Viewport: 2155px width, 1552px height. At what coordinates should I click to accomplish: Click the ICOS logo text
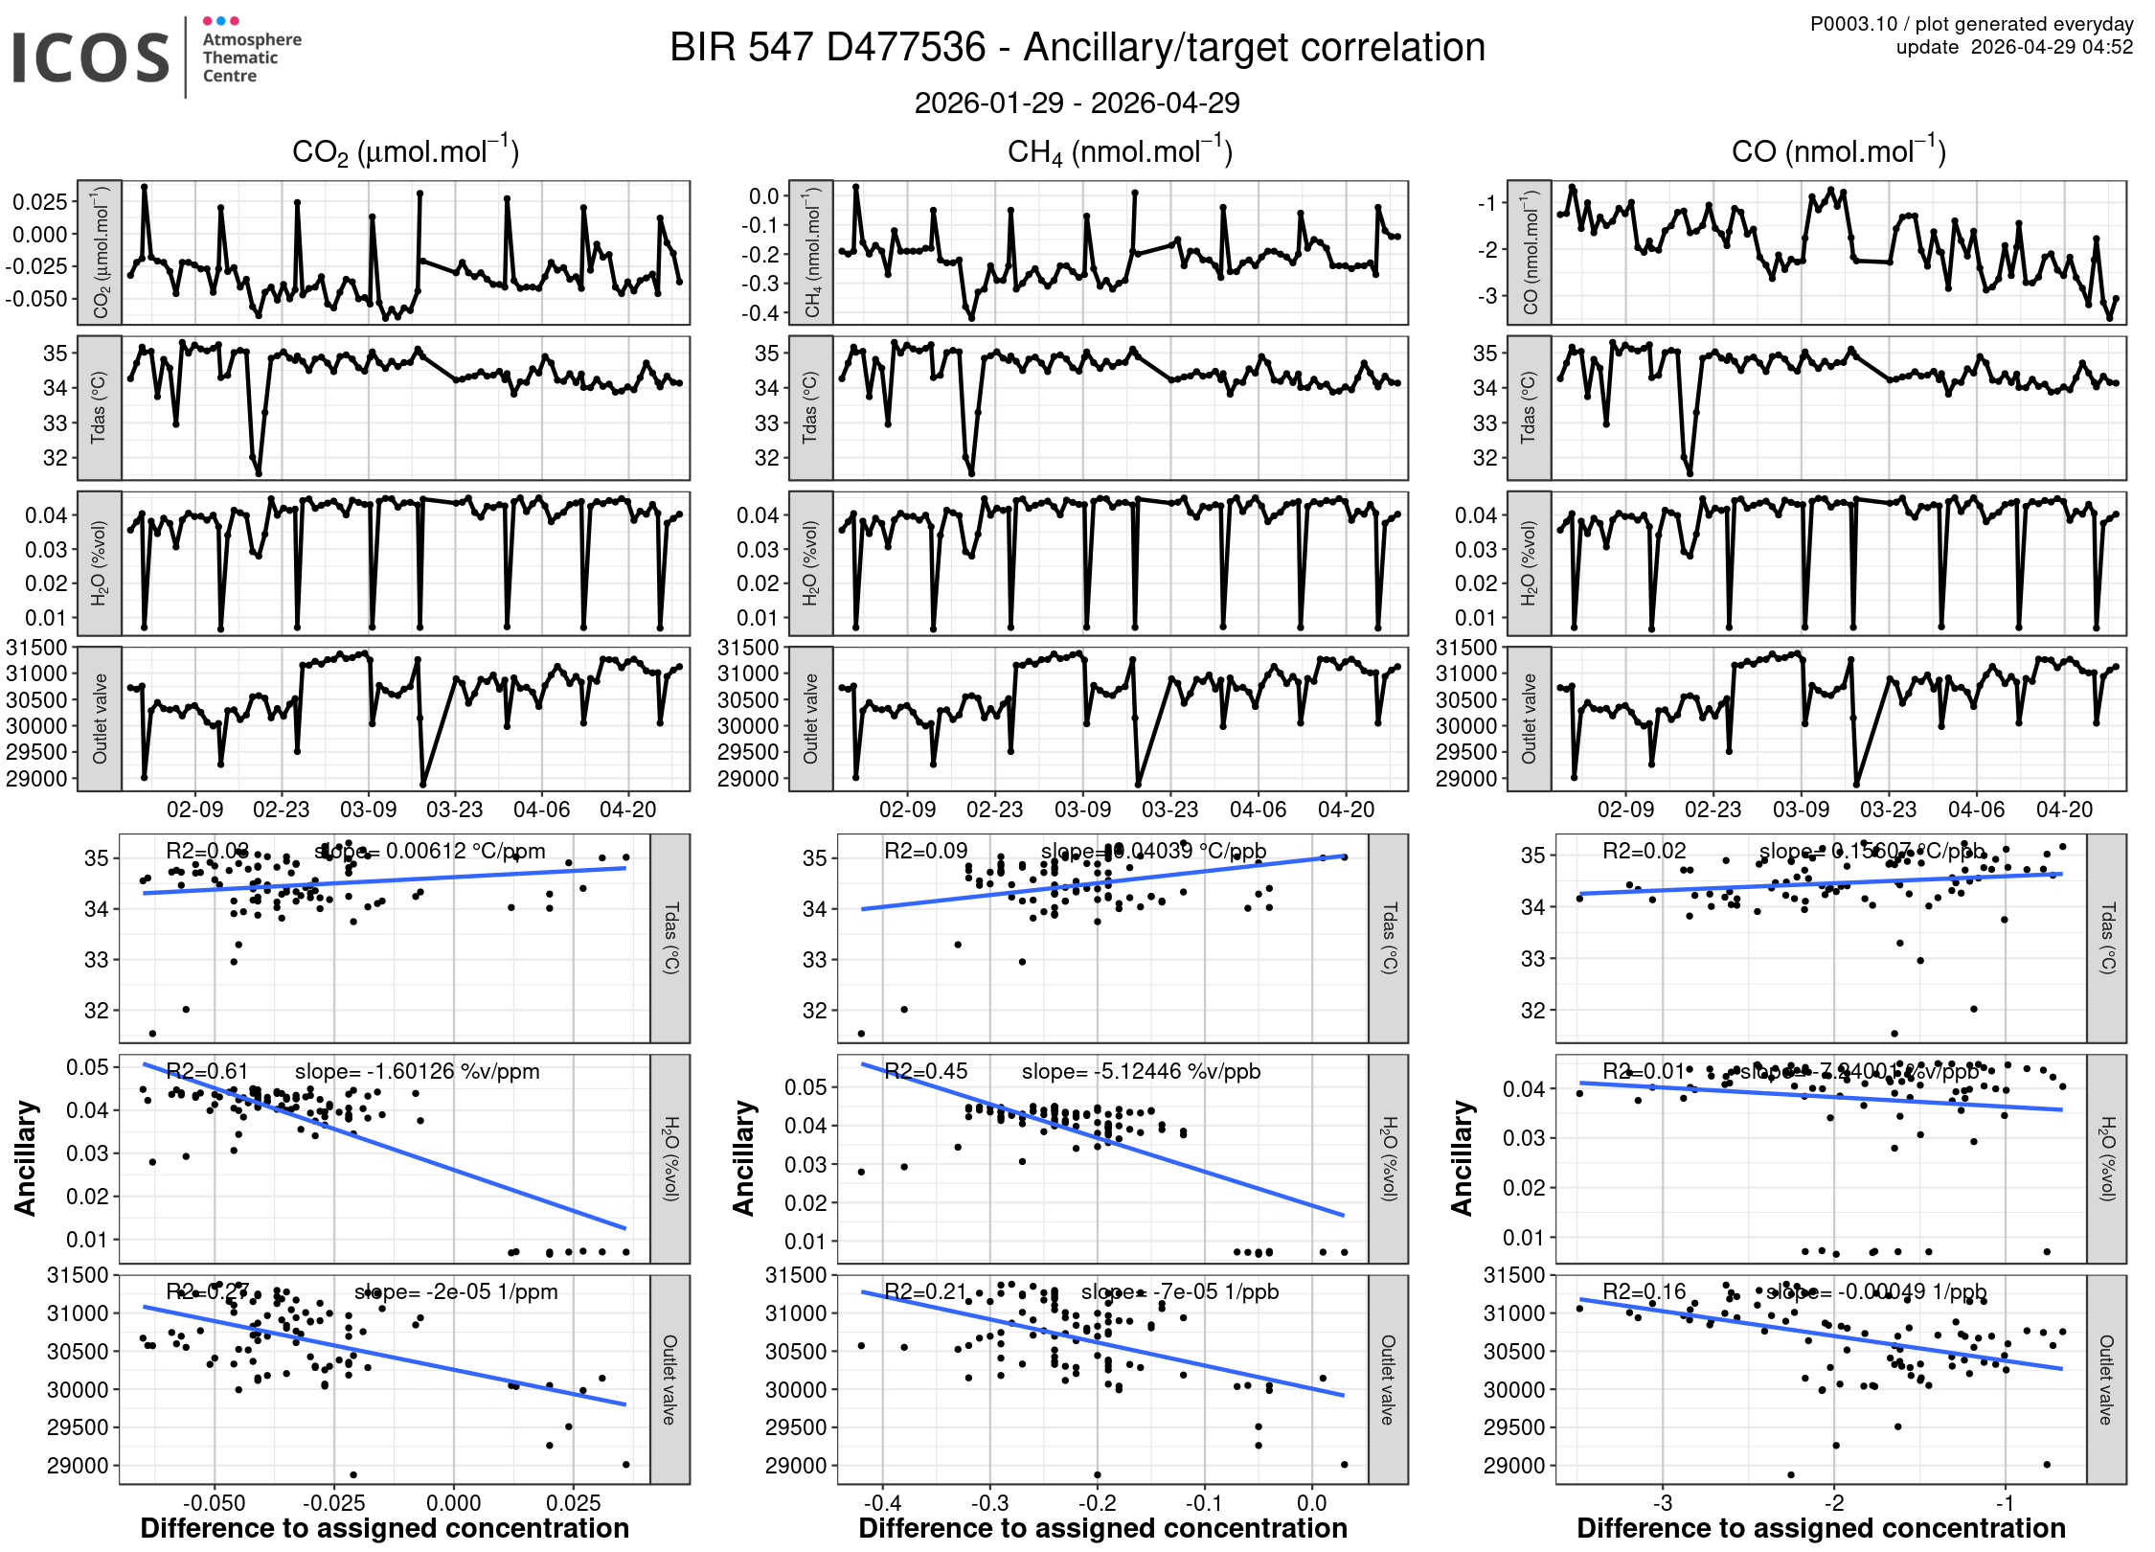[x=91, y=57]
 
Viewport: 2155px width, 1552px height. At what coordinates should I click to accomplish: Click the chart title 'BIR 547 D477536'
[x=828, y=48]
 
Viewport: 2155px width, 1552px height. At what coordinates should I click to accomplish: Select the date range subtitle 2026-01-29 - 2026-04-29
[x=1077, y=103]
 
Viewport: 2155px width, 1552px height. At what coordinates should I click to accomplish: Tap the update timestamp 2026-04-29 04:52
[x=2051, y=47]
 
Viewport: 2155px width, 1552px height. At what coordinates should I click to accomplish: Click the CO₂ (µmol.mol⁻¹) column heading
[x=405, y=151]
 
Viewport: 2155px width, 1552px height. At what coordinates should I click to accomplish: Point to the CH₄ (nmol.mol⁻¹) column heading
[x=1120, y=151]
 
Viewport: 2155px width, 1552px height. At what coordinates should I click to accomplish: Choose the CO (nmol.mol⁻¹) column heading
[x=1838, y=151]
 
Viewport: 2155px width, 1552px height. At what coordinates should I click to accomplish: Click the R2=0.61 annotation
[x=207, y=1071]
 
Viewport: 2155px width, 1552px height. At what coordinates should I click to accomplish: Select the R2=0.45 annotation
[x=925, y=1071]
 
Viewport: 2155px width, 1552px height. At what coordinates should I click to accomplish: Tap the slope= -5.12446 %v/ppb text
[x=1141, y=1071]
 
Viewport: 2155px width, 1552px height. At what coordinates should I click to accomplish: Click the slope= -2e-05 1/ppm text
[x=456, y=1291]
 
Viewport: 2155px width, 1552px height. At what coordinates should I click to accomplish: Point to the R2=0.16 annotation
[x=1644, y=1291]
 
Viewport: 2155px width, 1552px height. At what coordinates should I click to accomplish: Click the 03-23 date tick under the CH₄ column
[x=1169, y=810]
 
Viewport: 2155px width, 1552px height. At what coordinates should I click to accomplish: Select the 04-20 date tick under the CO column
[x=2064, y=810]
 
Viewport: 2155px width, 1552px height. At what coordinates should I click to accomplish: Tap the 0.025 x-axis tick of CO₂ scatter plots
[x=573, y=1502]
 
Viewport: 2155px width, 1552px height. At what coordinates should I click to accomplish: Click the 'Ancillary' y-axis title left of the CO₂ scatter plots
[x=25, y=1158]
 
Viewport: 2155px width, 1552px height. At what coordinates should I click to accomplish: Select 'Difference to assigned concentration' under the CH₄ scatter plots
[x=1102, y=1528]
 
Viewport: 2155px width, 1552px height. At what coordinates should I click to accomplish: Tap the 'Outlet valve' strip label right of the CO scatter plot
[x=2106, y=1380]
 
